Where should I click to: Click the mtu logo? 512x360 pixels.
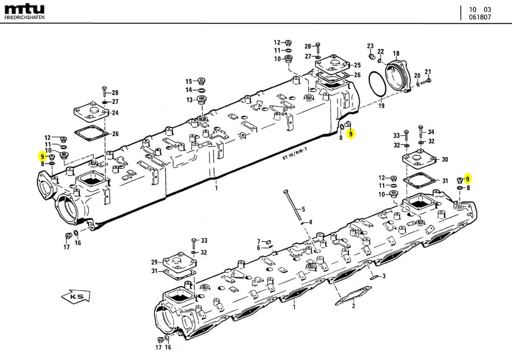pyautogui.click(x=24, y=9)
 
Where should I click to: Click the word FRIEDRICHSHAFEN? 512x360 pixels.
pyautogui.click(x=24, y=18)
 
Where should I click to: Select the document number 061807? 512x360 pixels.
pyautogui.click(x=480, y=17)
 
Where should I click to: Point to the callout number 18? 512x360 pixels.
pyautogui.click(x=396, y=54)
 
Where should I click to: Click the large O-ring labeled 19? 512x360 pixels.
pyautogui.click(x=377, y=84)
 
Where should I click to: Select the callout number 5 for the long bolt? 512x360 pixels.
pyautogui.click(x=303, y=209)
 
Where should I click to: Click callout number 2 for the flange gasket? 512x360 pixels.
pyautogui.click(x=353, y=306)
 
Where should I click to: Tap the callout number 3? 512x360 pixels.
pyautogui.click(x=384, y=277)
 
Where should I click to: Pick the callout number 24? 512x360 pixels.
pyautogui.click(x=115, y=113)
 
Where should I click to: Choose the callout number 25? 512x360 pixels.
pyautogui.click(x=357, y=65)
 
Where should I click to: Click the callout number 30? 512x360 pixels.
pyautogui.click(x=445, y=159)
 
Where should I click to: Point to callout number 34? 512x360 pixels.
pyautogui.click(x=431, y=132)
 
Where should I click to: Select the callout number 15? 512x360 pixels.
pyautogui.click(x=189, y=81)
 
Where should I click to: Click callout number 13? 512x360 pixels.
pyautogui.click(x=189, y=100)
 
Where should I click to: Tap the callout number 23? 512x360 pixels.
pyautogui.click(x=370, y=46)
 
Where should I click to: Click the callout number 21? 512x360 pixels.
pyautogui.click(x=428, y=72)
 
